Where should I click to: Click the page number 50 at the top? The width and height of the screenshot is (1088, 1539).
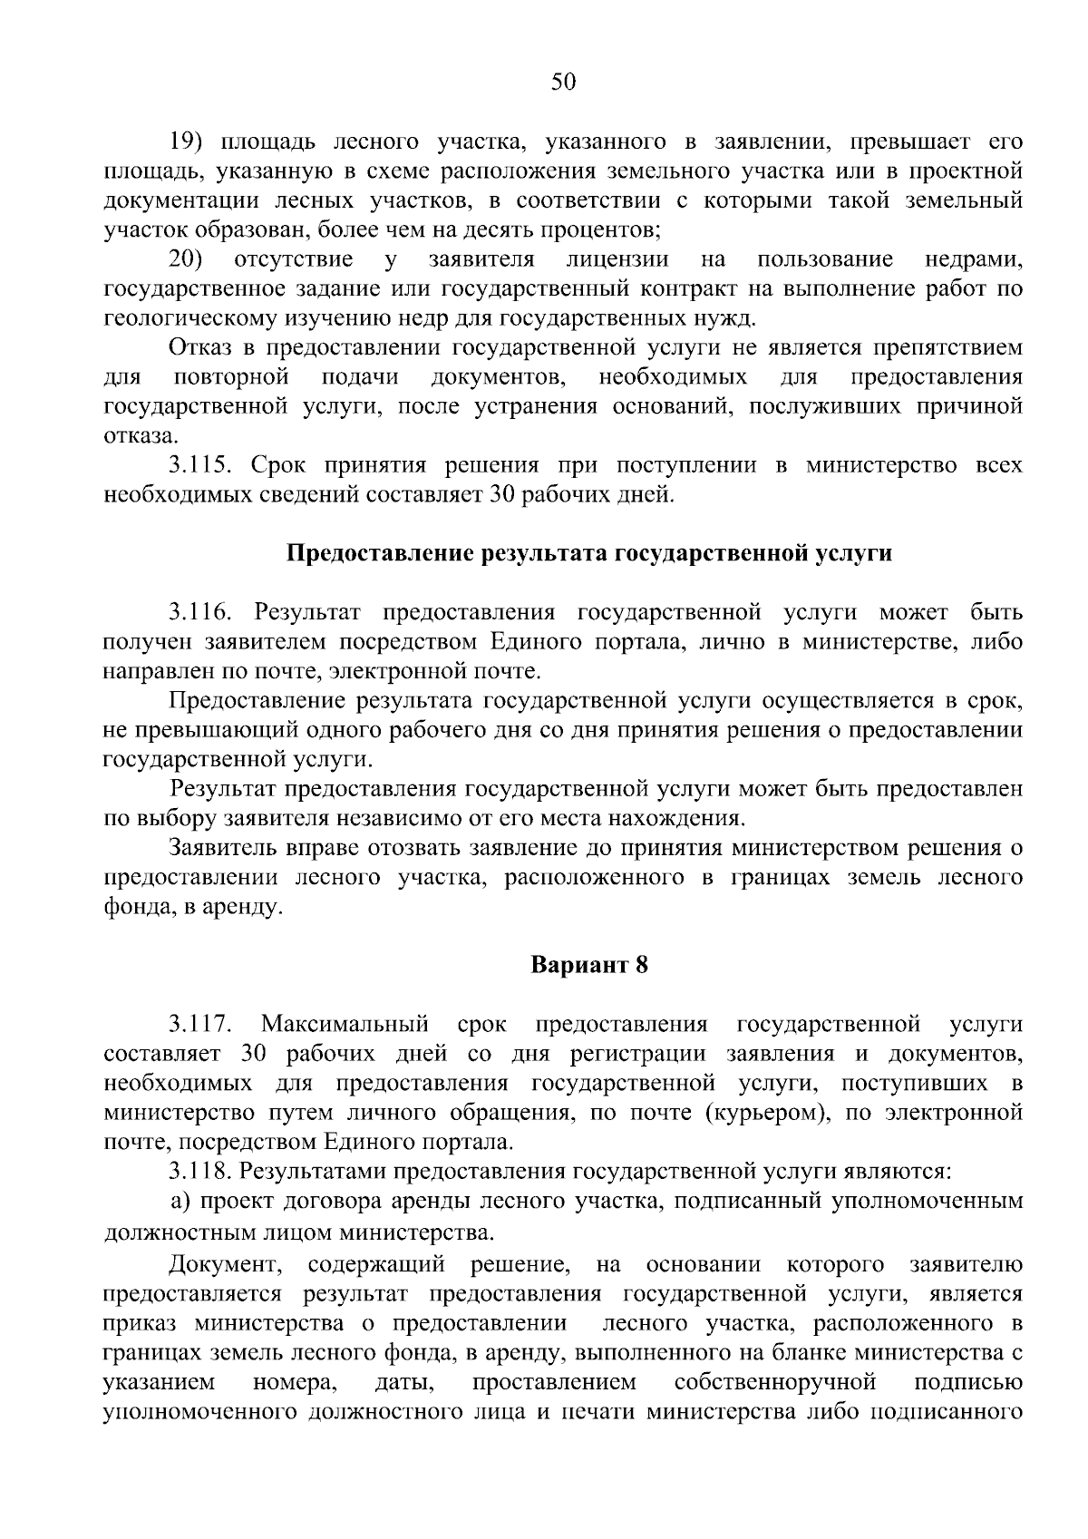tap(563, 83)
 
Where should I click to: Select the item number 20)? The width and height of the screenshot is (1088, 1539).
tap(188, 260)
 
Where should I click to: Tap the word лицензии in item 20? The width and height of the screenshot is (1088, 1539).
tap(617, 260)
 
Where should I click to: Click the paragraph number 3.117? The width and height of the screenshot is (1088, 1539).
tap(201, 1025)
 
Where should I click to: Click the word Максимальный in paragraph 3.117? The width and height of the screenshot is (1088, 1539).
tap(345, 1025)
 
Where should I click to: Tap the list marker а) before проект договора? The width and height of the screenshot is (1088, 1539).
tap(180, 1202)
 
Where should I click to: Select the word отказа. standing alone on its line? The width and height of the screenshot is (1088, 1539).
tap(136, 436)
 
